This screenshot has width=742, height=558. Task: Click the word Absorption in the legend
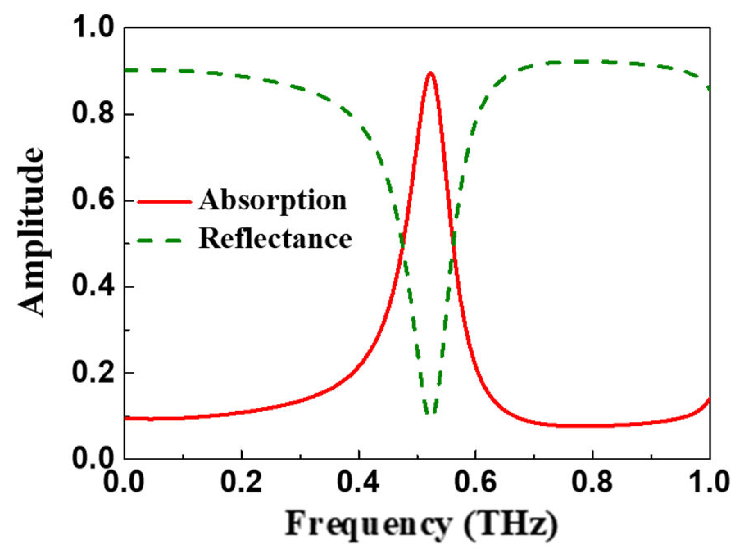(273, 201)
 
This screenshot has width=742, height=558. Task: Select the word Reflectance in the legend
(275, 238)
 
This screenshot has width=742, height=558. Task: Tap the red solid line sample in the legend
(164, 201)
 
